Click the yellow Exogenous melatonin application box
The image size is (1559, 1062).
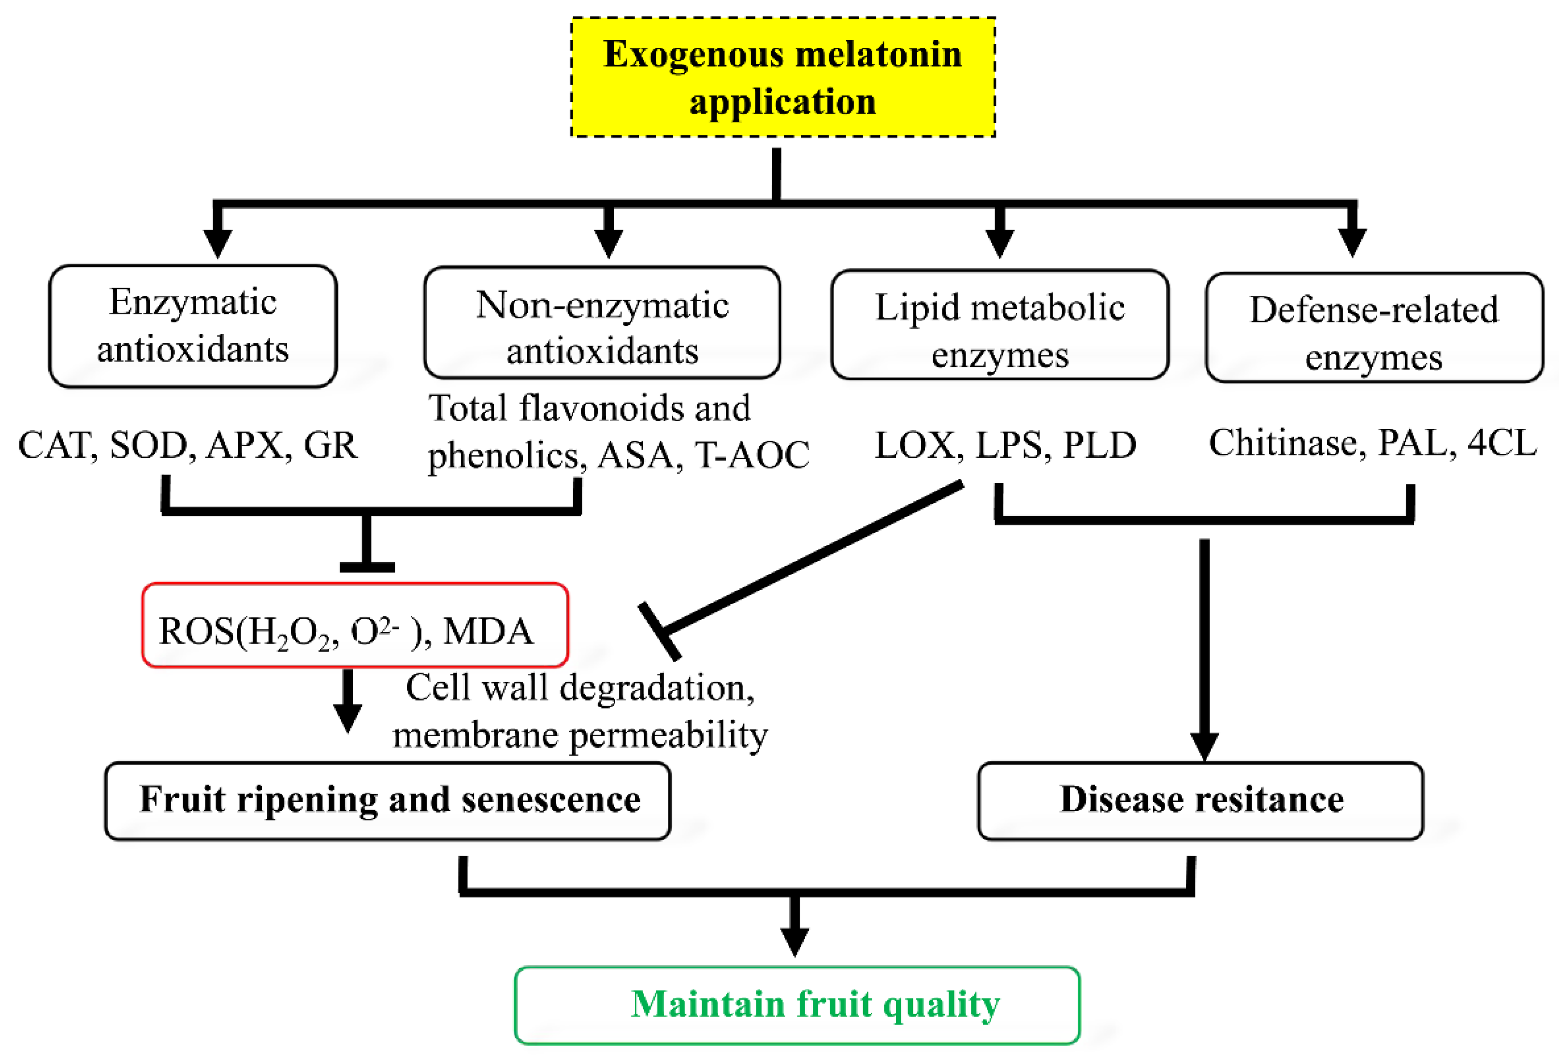tap(783, 77)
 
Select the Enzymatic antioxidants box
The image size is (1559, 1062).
tap(193, 326)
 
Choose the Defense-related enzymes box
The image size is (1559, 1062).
tap(1374, 327)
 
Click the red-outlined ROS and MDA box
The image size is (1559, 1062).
tap(355, 625)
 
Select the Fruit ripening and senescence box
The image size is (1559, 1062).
tap(388, 800)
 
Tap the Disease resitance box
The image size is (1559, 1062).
tap(1201, 800)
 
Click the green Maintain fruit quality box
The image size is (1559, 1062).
tap(797, 1005)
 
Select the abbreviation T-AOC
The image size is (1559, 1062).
tap(752, 455)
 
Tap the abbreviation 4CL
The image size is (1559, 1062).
tap(1502, 443)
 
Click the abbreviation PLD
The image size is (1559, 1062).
tap(1100, 445)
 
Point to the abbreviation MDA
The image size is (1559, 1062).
tap(489, 631)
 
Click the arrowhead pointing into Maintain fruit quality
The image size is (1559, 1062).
tap(794, 941)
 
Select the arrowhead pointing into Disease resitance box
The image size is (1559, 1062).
tap(1205, 746)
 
